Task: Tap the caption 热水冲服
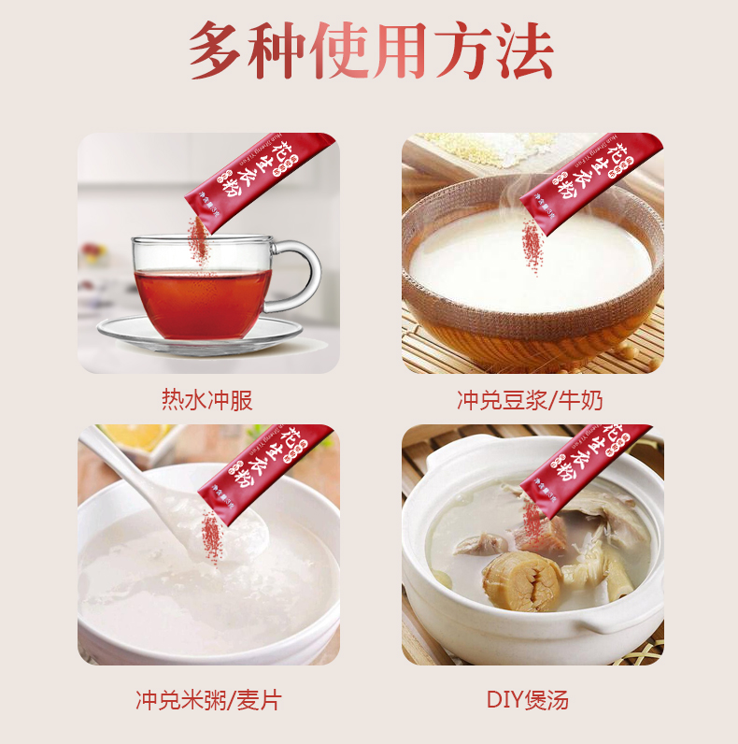(207, 401)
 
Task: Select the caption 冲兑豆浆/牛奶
(530, 401)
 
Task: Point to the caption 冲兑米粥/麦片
(207, 700)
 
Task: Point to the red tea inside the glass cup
(201, 299)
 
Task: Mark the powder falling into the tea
(197, 241)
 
